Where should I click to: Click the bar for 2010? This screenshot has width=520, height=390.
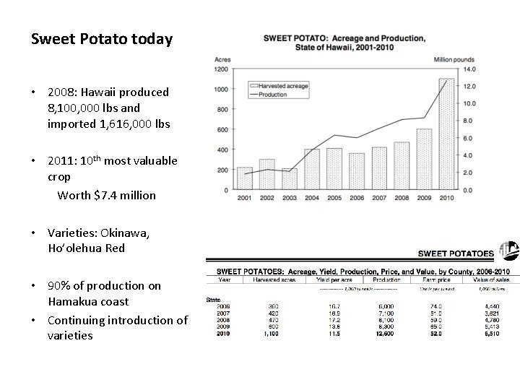446,134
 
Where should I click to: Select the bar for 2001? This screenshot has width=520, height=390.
245,178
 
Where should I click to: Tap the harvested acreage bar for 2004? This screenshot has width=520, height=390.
312,169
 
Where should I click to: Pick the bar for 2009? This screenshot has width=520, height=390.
424,159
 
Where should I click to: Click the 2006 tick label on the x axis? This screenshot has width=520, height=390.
357,197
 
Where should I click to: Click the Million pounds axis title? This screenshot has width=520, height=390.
454,58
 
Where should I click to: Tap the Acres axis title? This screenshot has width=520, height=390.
222,58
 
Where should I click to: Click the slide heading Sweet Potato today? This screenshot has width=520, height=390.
102,38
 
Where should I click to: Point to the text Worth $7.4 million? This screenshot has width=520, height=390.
106,195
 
